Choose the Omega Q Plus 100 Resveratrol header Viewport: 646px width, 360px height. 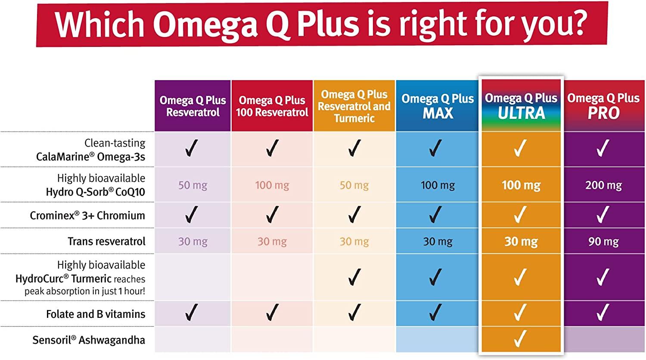[272, 106]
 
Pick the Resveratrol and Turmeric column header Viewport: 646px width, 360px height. [354, 106]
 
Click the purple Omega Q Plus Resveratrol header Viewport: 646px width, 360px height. [193, 106]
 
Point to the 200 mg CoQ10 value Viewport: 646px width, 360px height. [603, 185]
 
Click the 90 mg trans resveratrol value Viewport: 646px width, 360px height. [603, 242]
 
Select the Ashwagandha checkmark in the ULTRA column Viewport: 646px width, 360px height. [520, 339]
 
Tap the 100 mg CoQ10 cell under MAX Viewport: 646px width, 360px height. [438, 185]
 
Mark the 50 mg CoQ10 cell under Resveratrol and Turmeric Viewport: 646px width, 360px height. [354, 185]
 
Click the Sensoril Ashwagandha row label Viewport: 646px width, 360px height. [89, 340]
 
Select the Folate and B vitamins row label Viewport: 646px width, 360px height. [96, 314]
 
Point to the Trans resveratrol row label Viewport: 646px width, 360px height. [106, 241]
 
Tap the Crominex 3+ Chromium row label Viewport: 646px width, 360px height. [87, 215]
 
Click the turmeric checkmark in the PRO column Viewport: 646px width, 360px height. [603, 277]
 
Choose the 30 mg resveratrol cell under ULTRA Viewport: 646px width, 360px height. [521, 242]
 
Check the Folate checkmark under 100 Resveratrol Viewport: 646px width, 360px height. [272, 313]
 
